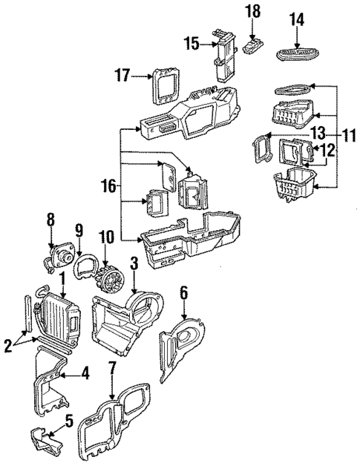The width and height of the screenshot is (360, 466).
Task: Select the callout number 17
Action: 122,74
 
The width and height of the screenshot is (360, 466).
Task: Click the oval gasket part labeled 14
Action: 298,52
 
